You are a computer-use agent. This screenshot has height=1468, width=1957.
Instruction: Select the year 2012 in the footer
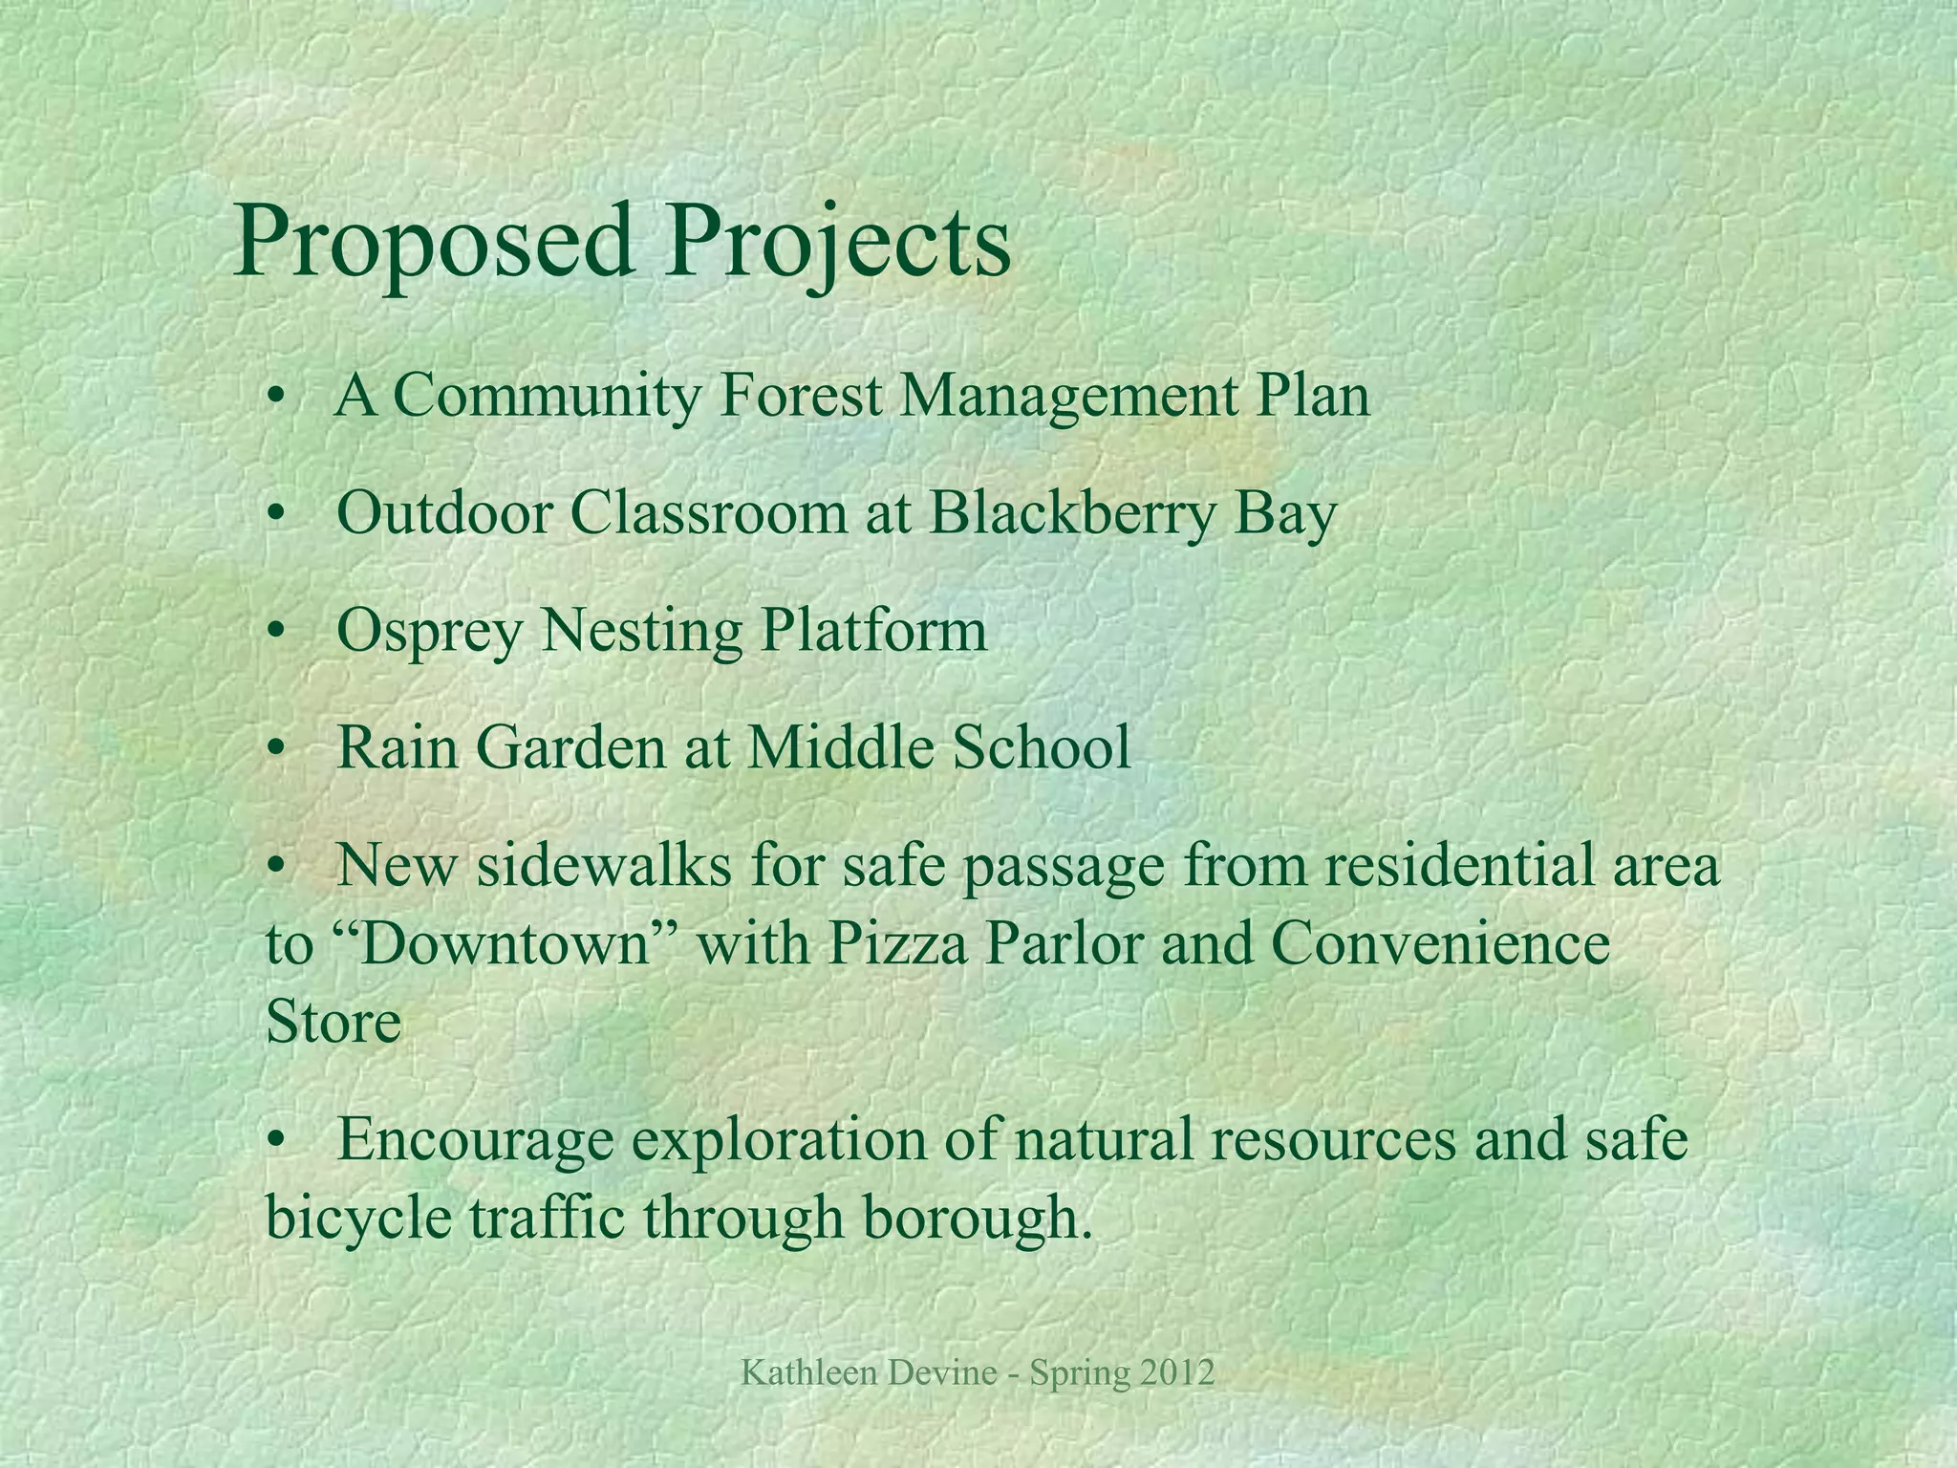[1177, 1374]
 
